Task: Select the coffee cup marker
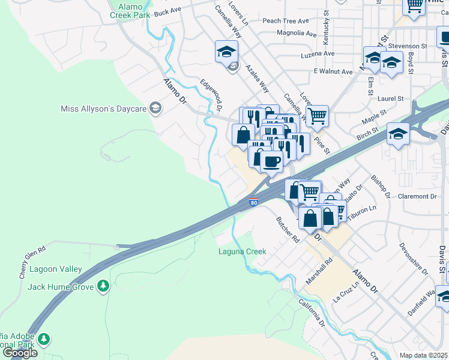[271, 161]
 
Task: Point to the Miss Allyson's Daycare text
[103, 109]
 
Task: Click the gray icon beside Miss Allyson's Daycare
[155, 109]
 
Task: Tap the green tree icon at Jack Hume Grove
[103, 286]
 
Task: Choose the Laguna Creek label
[242, 251]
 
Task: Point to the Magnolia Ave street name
[296, 34]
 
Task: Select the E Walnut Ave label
[333, 71]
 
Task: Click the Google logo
[20, 353]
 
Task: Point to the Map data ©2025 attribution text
[424, 355]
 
